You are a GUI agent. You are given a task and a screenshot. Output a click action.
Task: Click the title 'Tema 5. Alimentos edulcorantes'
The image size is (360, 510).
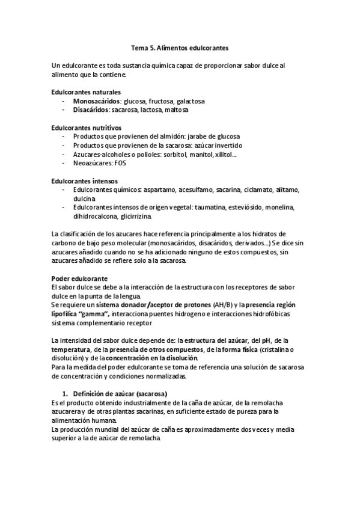tap(180, 46)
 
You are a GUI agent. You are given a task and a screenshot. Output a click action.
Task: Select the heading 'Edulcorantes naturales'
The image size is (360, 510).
tap(86, 92)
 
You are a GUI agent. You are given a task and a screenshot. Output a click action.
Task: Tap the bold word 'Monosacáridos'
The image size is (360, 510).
tap(97, 102)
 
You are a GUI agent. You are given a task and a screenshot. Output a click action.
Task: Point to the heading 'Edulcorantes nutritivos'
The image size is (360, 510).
tap(87, 127)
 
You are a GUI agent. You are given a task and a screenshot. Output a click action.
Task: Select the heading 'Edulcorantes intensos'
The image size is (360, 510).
tap(84, 180)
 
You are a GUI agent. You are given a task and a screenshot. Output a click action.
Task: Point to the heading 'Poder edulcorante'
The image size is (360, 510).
tap(79, 279)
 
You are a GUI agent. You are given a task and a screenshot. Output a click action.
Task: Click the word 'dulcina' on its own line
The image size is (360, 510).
tap(85, 198)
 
